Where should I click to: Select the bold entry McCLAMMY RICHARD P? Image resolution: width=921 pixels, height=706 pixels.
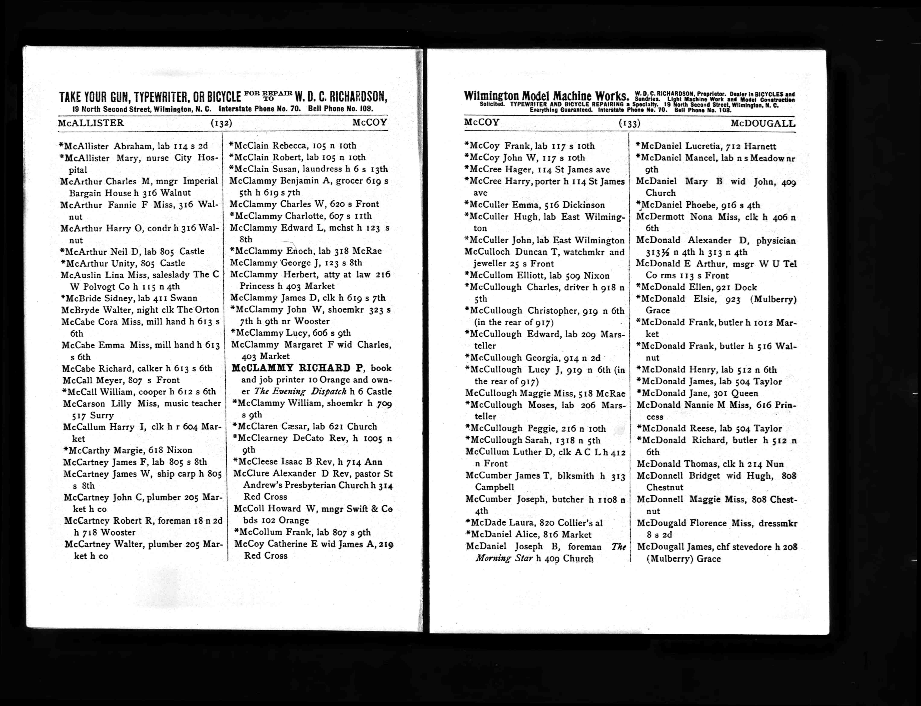(x=297, y=368)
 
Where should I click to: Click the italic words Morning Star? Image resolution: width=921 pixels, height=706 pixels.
(x=504, y=558)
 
